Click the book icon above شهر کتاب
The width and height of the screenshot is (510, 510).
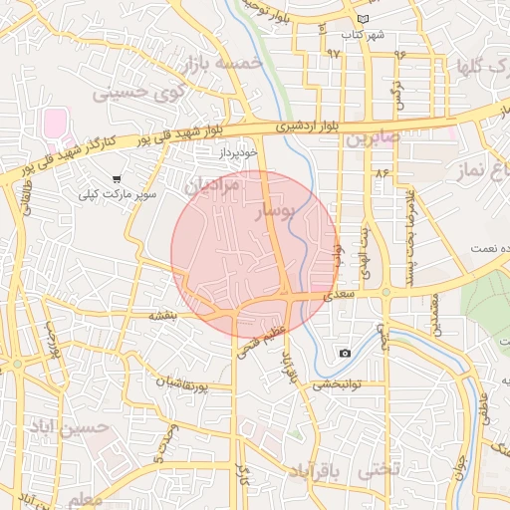click(x=362, y=19)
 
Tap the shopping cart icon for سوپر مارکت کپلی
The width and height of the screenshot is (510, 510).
click(x=117, y=179)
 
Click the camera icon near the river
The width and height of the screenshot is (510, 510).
click(x=345, y=354)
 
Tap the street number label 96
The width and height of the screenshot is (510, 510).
click(x=400, y=55)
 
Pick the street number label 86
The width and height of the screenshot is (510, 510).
click(x=382, y=172)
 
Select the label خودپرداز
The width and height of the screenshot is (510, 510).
click(x=239, y=152)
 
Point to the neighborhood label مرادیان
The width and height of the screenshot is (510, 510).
click(x=213, y=185)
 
